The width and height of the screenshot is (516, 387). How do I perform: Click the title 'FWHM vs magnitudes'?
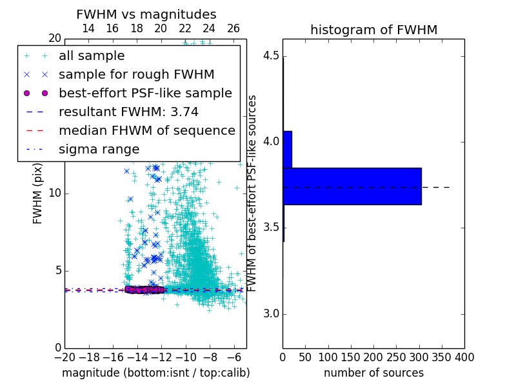point(146,15)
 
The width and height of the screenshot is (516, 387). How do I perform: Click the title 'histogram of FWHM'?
point(373,30)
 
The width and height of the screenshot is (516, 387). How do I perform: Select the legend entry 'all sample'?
point(92,56)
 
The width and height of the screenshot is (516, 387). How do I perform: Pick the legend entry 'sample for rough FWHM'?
point(136,74)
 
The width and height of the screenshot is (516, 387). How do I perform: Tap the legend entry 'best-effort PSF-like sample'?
point(145,93)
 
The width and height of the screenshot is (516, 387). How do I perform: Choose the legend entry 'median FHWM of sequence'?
point(146,130)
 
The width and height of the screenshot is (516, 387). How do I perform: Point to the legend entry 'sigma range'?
point(99,149)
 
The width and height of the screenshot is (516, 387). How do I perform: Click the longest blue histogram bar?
point(352,186)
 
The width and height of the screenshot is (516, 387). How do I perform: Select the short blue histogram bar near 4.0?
point(287,150)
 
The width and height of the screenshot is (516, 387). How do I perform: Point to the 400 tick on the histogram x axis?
point(464,357)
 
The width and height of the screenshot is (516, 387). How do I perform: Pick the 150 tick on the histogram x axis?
point(351,357)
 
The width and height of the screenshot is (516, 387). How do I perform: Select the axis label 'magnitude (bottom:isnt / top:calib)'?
point(155,373)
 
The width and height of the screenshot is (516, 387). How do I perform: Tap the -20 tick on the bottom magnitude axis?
point(64,357)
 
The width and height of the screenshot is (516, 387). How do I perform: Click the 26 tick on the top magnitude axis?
point(233,29)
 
